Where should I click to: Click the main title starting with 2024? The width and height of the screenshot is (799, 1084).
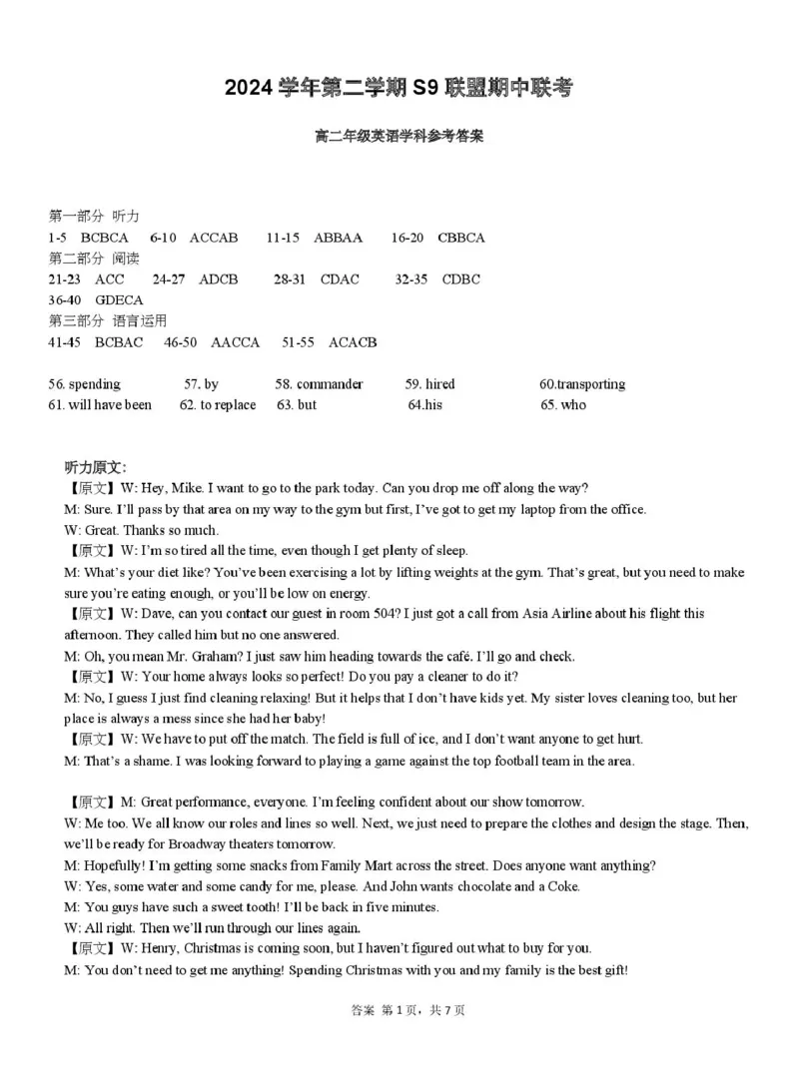point(399,89)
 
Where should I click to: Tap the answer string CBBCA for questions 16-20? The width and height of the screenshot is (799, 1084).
point(461,238)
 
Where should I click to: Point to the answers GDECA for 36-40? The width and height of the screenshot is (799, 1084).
point(120,299)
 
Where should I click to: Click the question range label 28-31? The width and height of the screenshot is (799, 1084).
point(290,279)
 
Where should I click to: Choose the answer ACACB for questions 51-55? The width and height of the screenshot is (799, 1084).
point(353,342)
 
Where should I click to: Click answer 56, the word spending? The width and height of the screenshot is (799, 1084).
point(94,384)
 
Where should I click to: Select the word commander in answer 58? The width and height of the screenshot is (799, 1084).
point(330,384)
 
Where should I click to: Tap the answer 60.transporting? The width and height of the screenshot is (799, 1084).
point(582,384)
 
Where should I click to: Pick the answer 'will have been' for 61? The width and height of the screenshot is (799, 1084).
point(110,405)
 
